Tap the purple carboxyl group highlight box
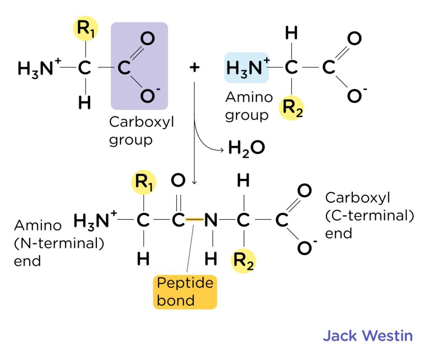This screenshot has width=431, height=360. tap(139, 66)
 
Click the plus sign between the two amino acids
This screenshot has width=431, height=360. tap(194, 68)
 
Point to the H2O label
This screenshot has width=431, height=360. tap(246, 148)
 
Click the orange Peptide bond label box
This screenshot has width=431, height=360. tap(185, 292)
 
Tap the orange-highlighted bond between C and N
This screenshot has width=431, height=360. tap(194, 220)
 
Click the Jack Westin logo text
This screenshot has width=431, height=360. tap(368, 336)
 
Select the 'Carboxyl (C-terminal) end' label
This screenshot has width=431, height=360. tap(369, 215)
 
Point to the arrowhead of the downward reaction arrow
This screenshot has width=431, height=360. tap(194, 182)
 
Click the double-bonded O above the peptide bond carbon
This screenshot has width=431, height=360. tap(178, 182)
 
